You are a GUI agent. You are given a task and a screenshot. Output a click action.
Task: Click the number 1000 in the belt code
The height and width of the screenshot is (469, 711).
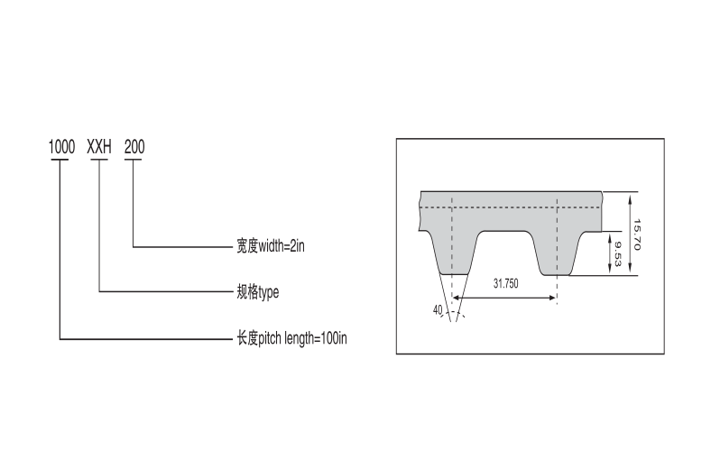coord(61,146)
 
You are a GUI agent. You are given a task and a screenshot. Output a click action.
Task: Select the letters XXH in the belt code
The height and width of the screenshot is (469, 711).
coord(97,146)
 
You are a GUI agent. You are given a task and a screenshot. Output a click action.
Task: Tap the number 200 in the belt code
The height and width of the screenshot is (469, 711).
coord(134,146)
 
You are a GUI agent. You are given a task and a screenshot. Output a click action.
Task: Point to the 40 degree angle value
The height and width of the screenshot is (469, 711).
coord(438,310)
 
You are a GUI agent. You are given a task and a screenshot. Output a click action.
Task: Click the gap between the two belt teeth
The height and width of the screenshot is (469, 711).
coord(505,248)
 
